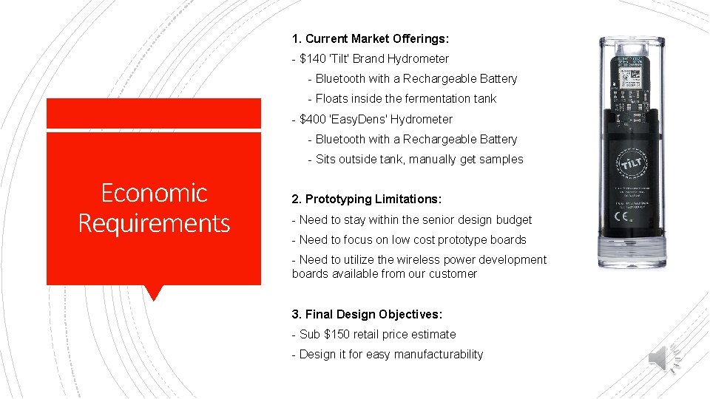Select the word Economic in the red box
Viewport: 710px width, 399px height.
(x=154, y=193)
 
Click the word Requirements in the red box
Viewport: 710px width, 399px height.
(x=154, y=222)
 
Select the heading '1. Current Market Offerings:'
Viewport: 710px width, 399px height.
(x=371, y=38)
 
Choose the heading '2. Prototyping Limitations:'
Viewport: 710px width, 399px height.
(x=367, y=199)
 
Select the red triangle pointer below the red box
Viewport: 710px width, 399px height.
(x=153, y=293)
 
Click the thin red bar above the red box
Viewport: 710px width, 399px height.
(x=154, y=114)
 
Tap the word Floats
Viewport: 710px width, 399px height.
(x=331, y=98)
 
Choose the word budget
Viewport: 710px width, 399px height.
(x=513, y=219)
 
